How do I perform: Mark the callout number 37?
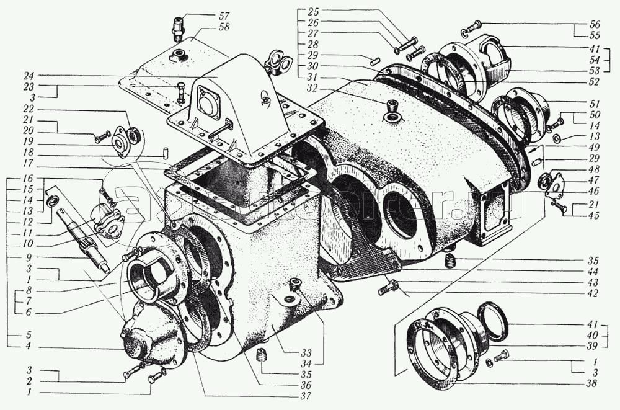(x=303, y=394)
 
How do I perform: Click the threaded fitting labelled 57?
(x=179, y=29)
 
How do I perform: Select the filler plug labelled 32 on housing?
(x=392, y=112)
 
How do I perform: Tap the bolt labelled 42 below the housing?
(x=386, y=289)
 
